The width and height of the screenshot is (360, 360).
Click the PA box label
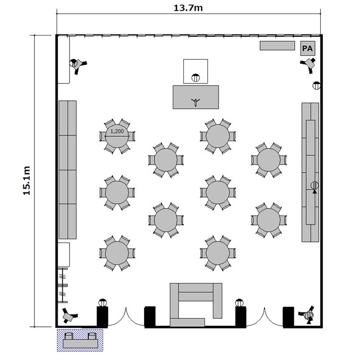point(307,48)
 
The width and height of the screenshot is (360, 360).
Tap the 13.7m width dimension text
point(188,8)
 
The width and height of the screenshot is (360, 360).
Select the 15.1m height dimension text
point(26,180)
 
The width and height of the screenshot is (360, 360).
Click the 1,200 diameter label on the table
point(117,132)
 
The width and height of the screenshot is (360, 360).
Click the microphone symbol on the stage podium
point(195,102)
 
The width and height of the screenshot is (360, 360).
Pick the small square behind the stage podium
point(196,71)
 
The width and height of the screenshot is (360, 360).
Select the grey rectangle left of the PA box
point(277,46)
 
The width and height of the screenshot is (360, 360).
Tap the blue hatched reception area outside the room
point(80,340)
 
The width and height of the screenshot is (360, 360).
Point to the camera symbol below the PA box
point(309,65)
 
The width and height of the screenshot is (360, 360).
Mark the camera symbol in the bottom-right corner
point(307,315)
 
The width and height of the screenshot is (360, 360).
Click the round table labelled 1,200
point(117,136)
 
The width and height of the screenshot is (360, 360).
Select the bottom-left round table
point(117,253)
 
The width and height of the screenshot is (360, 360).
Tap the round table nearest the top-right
point(269,160)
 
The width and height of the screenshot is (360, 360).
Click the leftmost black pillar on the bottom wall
point(102,317)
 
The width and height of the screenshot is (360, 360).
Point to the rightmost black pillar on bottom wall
point(288,317)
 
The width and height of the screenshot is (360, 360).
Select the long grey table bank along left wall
point(68,169)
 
